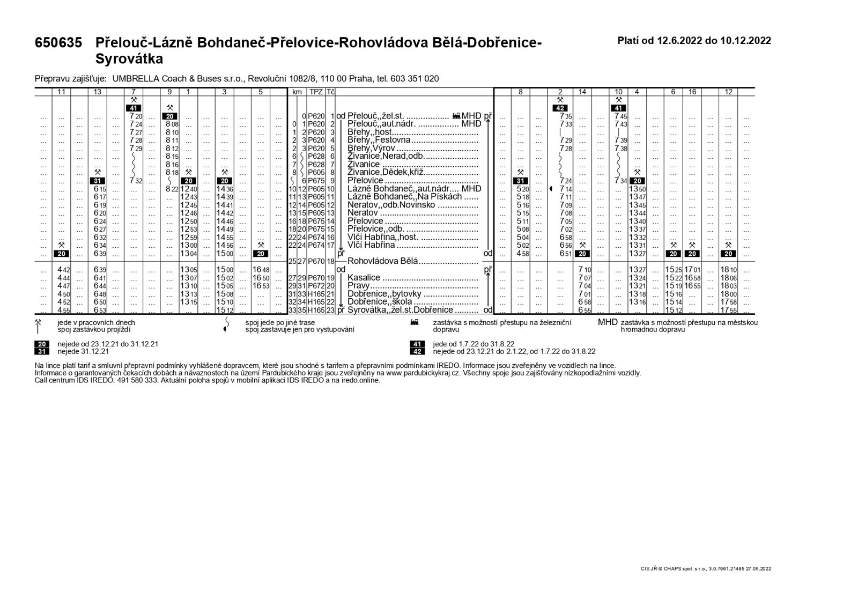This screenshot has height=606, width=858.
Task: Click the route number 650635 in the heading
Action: tap(58, 43)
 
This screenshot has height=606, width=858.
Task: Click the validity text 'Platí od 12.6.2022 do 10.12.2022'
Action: tap(694, 41)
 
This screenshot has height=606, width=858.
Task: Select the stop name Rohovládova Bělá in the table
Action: tap(382, 262)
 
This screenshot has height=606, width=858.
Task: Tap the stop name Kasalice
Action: tap(364, 278)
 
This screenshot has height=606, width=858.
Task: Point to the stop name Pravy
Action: tap(359, 286)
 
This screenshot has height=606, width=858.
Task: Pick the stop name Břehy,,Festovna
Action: tap(379, 140)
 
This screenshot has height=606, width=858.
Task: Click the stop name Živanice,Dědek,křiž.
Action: tap(385, 173)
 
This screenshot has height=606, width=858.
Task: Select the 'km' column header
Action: tap(297, 92)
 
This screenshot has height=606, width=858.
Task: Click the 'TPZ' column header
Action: tap(316, 92)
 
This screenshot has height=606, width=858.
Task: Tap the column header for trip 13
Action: tap(98, 92)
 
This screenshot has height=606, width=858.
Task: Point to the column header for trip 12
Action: tap(728, 92)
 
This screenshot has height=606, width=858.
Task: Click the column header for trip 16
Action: tap(692, 92)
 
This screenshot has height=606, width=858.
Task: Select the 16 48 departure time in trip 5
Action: tap(261, 270)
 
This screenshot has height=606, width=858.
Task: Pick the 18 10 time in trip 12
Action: tap(728, 270)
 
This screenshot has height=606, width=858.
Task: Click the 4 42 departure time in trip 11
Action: tap(63, 270)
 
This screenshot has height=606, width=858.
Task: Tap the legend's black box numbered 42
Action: tap(417, 352)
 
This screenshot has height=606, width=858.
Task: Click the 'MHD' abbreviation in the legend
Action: tap(608, 322)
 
